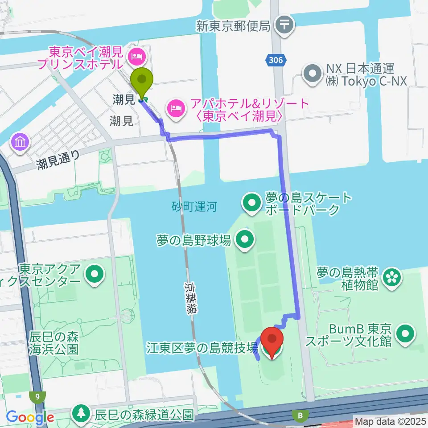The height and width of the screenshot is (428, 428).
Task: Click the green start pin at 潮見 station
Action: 142,80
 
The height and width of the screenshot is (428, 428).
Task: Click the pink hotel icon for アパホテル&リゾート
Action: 174,107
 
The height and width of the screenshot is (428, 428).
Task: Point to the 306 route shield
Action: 276,61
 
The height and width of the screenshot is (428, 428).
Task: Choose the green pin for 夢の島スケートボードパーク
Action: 251,204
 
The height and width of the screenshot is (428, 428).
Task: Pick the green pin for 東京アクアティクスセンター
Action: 94,275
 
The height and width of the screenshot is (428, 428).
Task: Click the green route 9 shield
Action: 37,395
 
